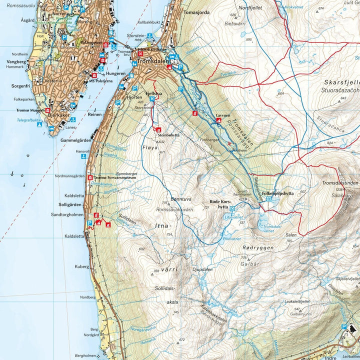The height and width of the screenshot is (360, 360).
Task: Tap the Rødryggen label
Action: tap(255, 247)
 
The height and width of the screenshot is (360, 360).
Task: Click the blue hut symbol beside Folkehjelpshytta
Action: tap(268, 198)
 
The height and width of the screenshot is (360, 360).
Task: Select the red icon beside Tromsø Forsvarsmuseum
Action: tap(90, 177)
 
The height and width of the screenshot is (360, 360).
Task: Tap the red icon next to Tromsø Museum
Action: tap(47, 110)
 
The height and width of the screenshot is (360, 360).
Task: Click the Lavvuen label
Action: tap(222, 115)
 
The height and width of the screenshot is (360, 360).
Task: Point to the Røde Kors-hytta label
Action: tap(218, 205)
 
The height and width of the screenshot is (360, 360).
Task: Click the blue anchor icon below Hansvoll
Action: tap(83, 156)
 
